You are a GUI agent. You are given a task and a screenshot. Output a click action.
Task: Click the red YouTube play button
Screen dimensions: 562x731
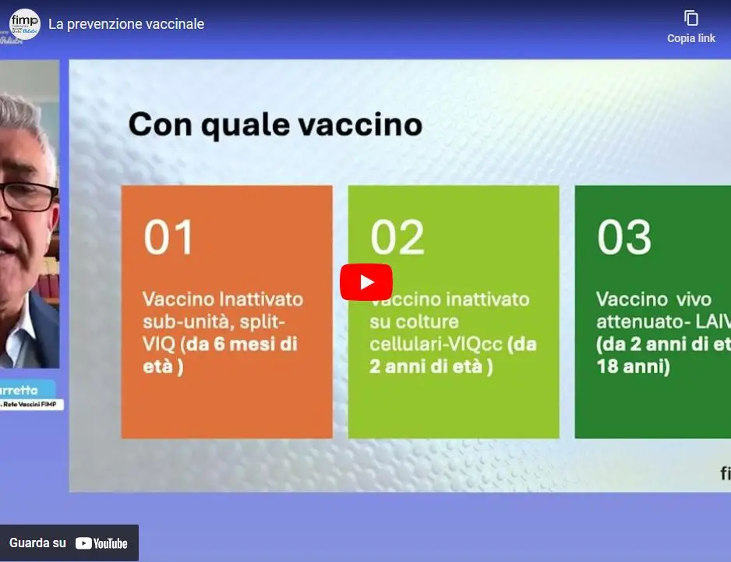tap(365, 282)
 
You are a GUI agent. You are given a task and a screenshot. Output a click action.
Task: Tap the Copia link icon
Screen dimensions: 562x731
tap(690, 18)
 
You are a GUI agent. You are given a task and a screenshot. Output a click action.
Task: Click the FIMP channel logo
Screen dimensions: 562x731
tap(24, 24)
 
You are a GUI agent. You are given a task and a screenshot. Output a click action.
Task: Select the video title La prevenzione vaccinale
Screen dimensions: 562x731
tap(126, 24)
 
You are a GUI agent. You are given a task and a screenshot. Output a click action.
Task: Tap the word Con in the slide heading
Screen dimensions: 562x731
tap(161, 125)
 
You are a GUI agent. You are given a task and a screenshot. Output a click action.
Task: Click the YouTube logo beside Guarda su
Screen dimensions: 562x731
tap(101, 543)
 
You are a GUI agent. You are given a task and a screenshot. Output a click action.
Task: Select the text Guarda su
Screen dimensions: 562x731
tap(37, 543)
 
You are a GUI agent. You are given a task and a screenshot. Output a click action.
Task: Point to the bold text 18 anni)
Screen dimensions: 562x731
tap(633, 366)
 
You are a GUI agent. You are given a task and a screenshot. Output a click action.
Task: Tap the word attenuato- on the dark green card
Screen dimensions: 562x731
tap(637, 321)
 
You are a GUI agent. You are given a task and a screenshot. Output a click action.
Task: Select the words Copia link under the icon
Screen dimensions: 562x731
tap(690, 38)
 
